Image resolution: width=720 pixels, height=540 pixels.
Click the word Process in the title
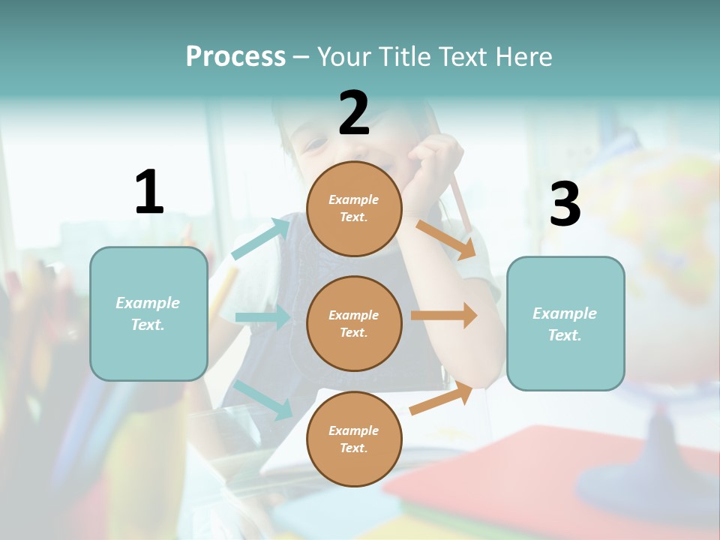click(x=235, y=56)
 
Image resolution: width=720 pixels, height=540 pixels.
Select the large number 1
click(x=149, y=193)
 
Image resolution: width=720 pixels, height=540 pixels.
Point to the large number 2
click(x=354, y=113)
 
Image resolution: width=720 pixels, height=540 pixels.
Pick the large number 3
click(x=565, y=205)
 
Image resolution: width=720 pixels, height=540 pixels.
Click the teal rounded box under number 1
click(x=148, y=313)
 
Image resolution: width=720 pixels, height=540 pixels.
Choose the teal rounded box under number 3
click(x=565, y=324)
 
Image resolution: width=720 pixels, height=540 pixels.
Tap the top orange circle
click(x=354, y=208)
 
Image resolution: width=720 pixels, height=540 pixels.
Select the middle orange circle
click(x=354, y=323)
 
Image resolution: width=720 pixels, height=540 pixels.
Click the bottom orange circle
click(x=354, y=439)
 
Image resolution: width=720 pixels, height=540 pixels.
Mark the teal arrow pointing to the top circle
click(x=260, y=238)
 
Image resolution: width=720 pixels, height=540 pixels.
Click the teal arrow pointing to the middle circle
click(x=262, y=317)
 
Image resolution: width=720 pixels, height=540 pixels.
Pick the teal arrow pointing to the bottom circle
click(x=262, y=399)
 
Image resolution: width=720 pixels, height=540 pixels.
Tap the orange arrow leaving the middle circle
click(x=444, y=315)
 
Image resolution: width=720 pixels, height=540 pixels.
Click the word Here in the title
click(x=520, y=56)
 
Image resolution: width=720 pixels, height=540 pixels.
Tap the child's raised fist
click(x=433, y=161)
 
